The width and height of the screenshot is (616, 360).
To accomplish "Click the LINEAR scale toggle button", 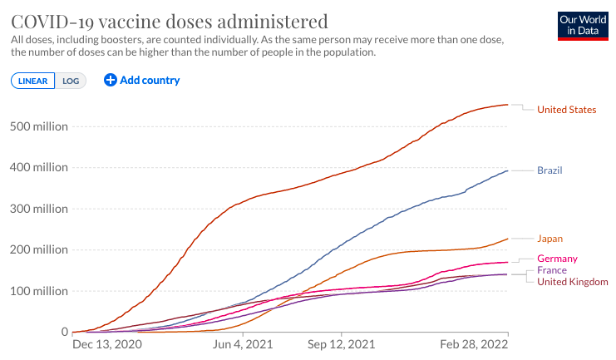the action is click(x=33, y=81).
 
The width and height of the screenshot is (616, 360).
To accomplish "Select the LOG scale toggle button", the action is click(x=71, y=81).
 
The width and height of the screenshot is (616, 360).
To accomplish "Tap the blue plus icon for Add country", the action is click(x=111, y=80).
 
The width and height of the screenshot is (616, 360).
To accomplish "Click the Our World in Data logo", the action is click(x=583, y=26).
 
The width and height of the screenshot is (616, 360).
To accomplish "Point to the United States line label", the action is click(x=566, y=110).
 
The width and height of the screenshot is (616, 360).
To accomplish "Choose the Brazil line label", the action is click(x=549, y=170).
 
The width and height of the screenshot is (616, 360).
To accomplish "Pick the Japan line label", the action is click(x=550, y=239).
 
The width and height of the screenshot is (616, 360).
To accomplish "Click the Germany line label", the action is click(x=558, y=259).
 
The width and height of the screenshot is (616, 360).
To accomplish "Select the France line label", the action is click(x=552, y=270).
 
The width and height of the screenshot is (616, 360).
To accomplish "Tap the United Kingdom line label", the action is click(x=573, y=282).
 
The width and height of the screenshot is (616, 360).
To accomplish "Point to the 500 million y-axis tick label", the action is click(x=39, y=126).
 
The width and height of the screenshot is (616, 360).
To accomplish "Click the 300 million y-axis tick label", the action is click(x=39, y=209).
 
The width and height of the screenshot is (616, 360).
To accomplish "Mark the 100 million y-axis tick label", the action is click(x=39, y=291).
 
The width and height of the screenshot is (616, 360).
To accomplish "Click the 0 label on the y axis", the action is click(x=65, y=332).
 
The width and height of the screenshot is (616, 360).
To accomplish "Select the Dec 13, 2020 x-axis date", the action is click(x=107, y=345).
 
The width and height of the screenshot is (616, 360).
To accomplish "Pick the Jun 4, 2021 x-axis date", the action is click(x=243, y=345).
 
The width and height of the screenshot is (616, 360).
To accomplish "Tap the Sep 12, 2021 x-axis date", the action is click(x=341, y=345).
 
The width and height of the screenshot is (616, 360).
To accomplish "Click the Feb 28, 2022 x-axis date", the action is click(x=474, y=345).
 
